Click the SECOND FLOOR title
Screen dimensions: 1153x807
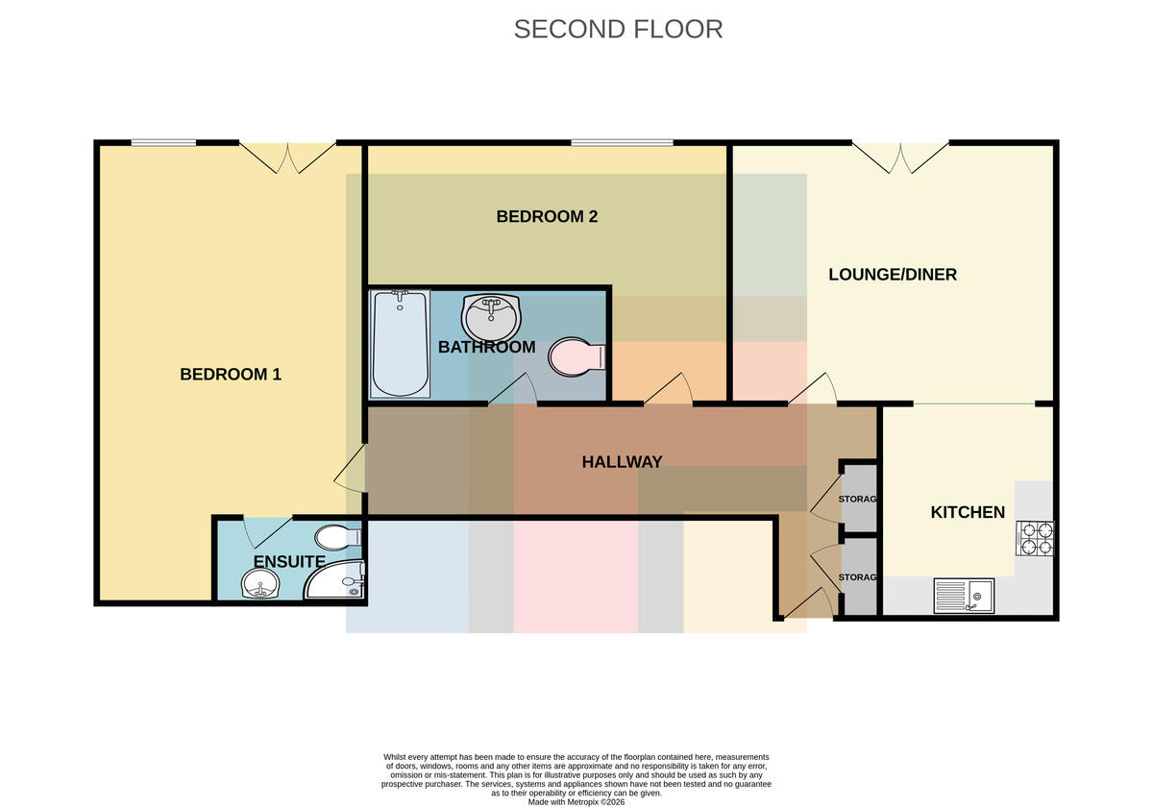coord(618,30)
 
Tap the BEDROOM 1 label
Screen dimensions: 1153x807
coord(231,374)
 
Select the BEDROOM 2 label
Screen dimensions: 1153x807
coord(547,217)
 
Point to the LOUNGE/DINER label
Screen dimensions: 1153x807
coord(893,275)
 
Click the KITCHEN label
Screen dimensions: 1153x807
coord(968,512)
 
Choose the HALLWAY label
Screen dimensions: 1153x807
coord(622,462)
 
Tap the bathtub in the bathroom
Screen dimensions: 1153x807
coord(400,343)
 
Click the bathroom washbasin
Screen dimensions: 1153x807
coord(492,317)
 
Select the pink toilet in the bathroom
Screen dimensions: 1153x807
coord(576,356)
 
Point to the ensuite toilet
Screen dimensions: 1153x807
coord(337,538)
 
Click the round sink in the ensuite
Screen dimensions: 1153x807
coord(260,584)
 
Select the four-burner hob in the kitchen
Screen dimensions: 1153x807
coord(1035,538)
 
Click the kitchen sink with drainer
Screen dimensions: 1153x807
coord(964,596)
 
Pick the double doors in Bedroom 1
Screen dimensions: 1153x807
coord(287,158)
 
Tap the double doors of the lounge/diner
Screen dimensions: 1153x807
coord(901,158)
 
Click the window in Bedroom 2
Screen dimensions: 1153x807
coord(622,142)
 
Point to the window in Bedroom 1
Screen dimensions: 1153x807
coord(163,142)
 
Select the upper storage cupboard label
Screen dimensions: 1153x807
coord(857,499)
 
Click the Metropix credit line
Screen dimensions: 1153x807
coord(576,802)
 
